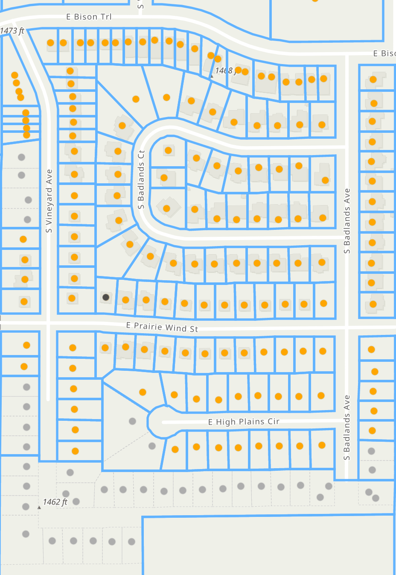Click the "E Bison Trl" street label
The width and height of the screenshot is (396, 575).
pyautogui.click(x=89, y=17)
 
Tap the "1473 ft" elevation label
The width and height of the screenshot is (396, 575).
pyautogui.click(x=12, y=31)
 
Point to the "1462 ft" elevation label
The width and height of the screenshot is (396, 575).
pyautogui.click(x=55, y=502)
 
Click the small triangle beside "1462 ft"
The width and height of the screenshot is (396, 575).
pyautogui.click(x=39, y=508)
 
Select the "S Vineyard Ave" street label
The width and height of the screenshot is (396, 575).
pyautogui.click(x=49, y=201)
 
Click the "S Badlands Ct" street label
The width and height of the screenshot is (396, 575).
pyautogui.click(x=141, y=179)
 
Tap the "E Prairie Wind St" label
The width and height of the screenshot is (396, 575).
pyautogui.click(x=162, y=327)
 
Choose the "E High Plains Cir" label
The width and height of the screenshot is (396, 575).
pyautogui.click(x=244, y=422)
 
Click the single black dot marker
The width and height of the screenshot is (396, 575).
pyautogui.click(x=106, y=297)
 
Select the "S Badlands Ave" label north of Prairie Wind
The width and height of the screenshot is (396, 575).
pyautogui.click(x=347, y=221)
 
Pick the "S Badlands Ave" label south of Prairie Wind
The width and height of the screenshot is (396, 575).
pyautogui.click(x=347, y=427)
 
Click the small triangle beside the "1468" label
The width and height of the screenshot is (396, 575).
pyautogui.click(x=211, y=76)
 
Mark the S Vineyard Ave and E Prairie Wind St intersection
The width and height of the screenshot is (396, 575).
pyautogui.click(x=49, y=324)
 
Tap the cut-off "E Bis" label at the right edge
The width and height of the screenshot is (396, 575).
pyautogui.click(x=384, y=53)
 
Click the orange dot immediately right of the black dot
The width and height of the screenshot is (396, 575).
pyautogui.click(x=125, y=300)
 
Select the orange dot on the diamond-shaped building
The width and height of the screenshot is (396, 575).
pyautogui.click(x=166, y=208)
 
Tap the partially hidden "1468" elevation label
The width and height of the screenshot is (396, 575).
pyautogui.click(x=224, y=70)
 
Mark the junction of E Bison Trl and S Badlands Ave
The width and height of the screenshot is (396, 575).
pyautogui.click(x=347, y=54)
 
